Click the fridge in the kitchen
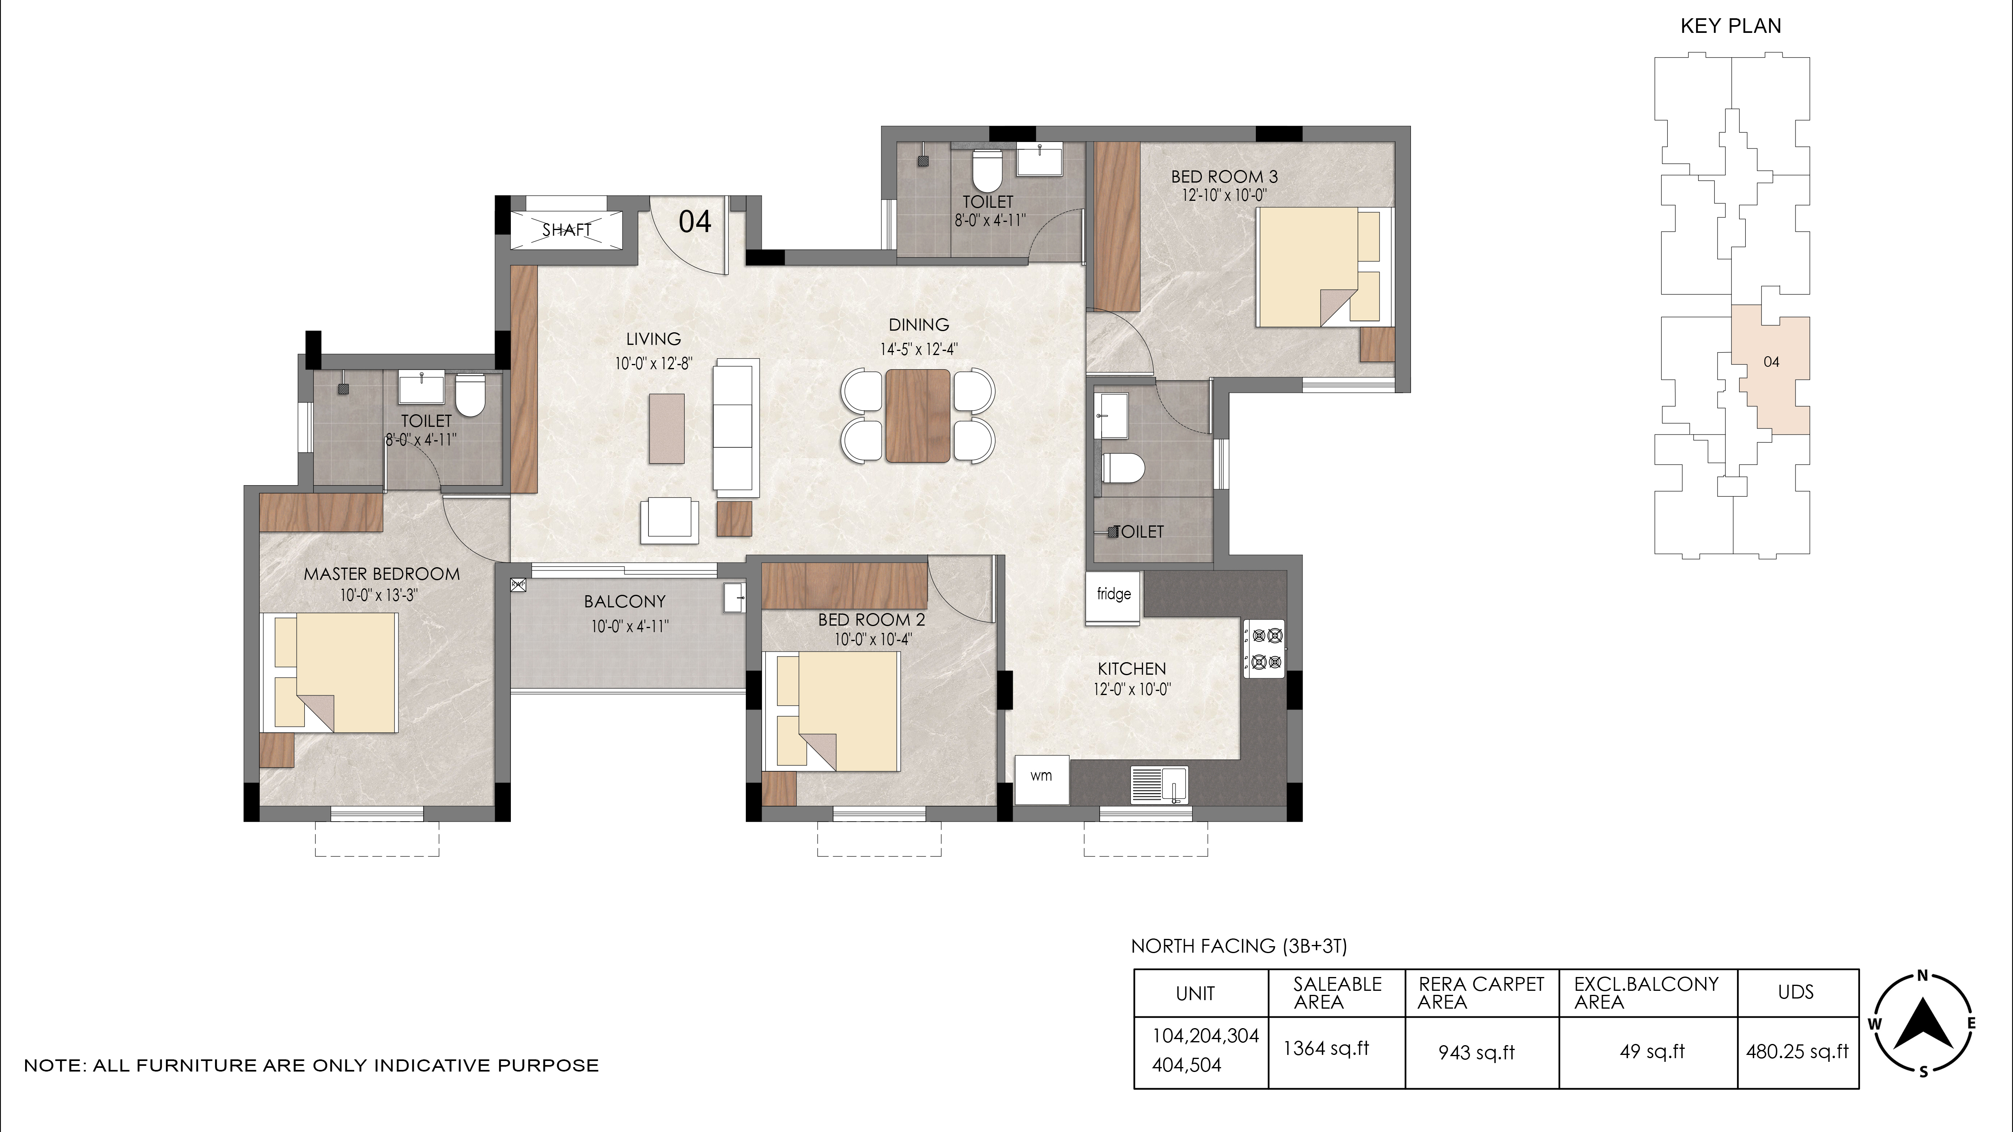coord(1113,598)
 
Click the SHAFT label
coord(566,230)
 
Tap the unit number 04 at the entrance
coord(695,222)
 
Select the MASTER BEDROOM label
coord(381,574)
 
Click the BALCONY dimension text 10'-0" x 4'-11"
coord(630,626)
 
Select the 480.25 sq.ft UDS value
coord(1797,1052)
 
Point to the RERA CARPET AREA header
coord(1481,993)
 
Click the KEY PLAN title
coord(1731,26)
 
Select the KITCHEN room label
coord(1132,669)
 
